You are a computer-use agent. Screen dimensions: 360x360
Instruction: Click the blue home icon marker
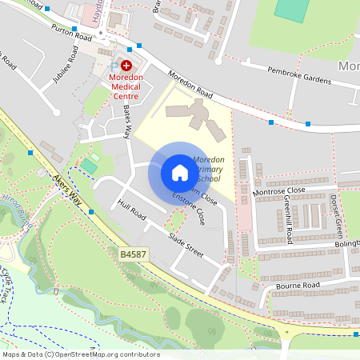180,173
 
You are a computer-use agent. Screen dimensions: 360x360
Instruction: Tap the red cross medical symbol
126,65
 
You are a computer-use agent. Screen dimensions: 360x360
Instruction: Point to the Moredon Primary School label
208,170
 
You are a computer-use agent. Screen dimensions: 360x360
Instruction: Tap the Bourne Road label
298,284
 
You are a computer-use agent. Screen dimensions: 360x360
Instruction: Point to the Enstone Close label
196,208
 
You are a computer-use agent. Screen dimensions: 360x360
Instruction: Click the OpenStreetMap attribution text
80,354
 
